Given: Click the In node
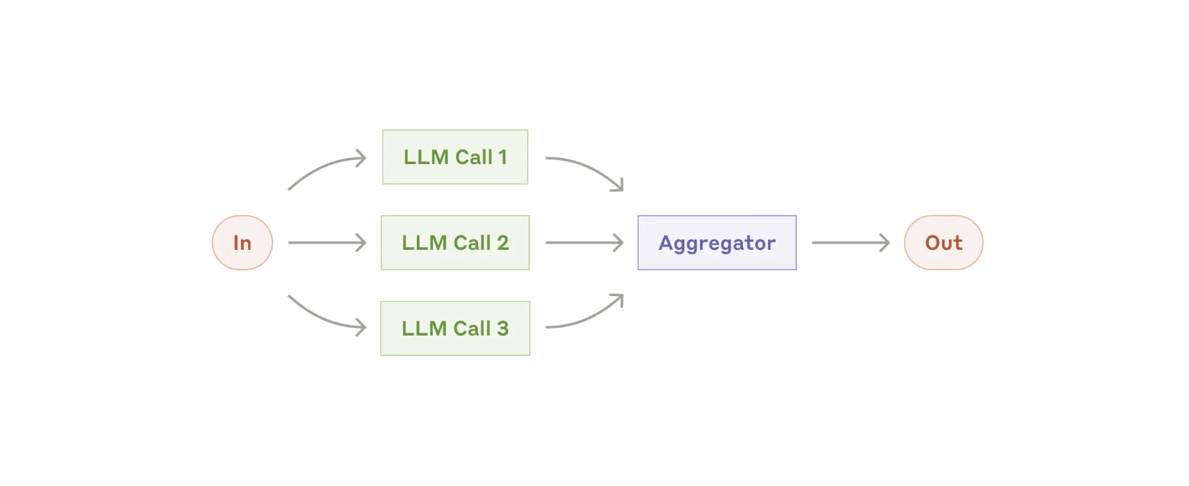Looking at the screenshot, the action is (x=242, y=242).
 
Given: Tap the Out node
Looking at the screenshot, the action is (x=944, y=242).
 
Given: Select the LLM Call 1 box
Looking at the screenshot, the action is (x=455, y=157).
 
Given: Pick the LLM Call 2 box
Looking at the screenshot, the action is (x=455, y=242).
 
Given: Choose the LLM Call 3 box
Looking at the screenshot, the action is (x=455, y=328).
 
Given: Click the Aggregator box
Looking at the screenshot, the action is (x=717, y=242).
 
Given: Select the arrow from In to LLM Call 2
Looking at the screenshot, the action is (x=327, y=242).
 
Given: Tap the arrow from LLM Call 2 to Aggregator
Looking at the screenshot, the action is (x=584, y=242).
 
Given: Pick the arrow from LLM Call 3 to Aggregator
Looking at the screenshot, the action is (x=588, y=319).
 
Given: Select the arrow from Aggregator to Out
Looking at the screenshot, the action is (x=851, y=242).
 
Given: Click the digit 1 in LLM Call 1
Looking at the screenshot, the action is (x=503, y=157).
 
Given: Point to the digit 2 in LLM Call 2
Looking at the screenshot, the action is (x=503, y=243).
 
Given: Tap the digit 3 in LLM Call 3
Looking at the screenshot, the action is (x=503, y=329).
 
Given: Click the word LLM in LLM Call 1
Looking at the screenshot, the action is (x=426, y=157).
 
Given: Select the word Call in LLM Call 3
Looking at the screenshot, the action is (x=472, y=328).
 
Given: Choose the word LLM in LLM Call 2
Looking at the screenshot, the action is (x=424, y=243).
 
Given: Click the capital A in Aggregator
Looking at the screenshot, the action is (x=666, y=242).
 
